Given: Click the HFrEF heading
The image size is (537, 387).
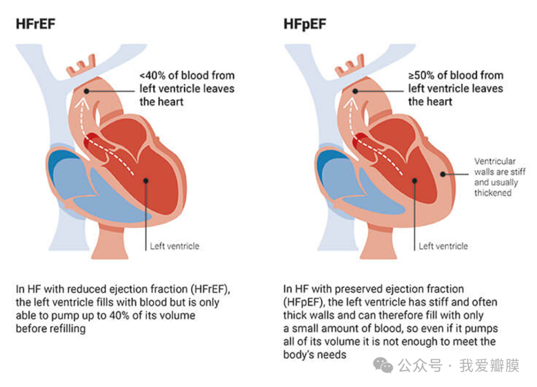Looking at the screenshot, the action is pos(36,24).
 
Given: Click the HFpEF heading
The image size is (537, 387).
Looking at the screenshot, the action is pos(305,24).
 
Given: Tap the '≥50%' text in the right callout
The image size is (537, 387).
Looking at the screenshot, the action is pos(421,76).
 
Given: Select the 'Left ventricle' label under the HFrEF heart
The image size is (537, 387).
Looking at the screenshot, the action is pos(175,246).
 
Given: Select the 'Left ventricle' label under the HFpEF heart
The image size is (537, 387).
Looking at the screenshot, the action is pos(443,246).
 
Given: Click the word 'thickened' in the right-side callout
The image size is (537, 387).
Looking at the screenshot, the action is pos(493,193).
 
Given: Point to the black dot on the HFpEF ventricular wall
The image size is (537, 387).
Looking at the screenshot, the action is pos(443,174).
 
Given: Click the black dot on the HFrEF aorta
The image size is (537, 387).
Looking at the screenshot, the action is pos(87,91).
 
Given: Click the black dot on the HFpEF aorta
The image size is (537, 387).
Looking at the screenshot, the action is pos(356,91).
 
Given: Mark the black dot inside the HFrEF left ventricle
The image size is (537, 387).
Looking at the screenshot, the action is pos(146,181).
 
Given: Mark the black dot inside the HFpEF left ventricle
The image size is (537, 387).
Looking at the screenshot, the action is pos(415,181).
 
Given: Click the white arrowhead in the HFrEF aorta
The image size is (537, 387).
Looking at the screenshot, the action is pos(82,103).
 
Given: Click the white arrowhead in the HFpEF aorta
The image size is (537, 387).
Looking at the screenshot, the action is pos(351,103).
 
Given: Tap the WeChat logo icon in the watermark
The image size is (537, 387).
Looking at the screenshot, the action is pos(383,366).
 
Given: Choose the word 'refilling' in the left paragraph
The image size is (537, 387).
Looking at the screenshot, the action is pos(68,329).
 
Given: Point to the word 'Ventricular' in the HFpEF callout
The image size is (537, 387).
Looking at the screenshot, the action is pos(495,161).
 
